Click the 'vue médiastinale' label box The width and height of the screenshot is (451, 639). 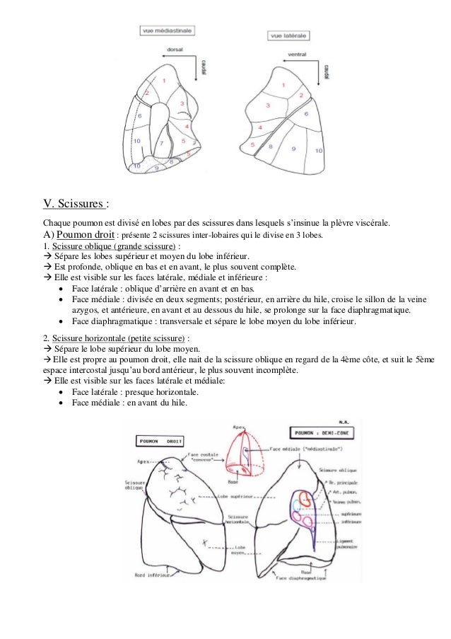(168, 30)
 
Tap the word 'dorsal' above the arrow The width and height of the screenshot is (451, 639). (175, 50)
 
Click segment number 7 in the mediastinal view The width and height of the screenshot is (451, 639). (161, 143)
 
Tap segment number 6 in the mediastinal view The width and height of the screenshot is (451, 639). (139, 115)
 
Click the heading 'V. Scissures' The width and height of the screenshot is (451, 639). (76, 205)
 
